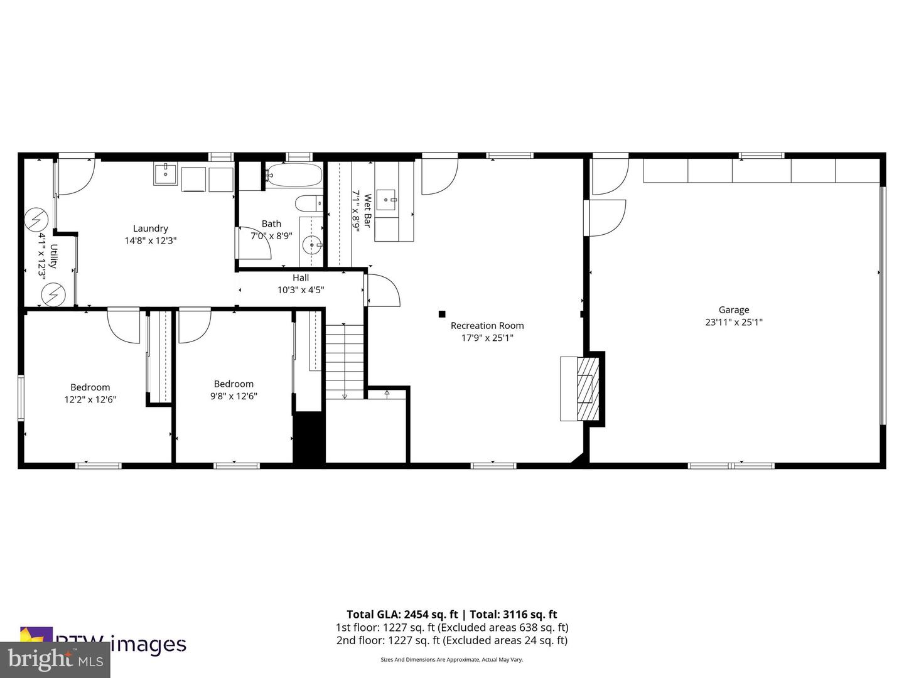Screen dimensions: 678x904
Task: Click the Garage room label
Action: [733, 309]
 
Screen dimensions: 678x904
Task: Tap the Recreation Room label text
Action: [487, 325]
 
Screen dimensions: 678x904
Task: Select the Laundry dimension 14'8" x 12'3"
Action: [150, 240]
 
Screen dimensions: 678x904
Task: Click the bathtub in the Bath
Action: [293, 175]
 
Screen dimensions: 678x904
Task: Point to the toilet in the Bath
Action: [308, 204]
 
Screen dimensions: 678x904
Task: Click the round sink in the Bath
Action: [311, 244]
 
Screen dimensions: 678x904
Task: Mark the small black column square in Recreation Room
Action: [442, 314]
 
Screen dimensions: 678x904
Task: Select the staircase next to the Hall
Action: [344, 361]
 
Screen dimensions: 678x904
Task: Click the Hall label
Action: [301, 278]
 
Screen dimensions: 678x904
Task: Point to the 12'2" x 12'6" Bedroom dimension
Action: [90, 399]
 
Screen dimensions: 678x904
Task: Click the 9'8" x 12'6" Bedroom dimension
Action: [234, 396]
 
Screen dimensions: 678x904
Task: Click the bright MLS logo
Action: [55, 660]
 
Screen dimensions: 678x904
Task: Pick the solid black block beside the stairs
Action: [308, 438]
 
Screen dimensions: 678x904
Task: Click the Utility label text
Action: [54, 256]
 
